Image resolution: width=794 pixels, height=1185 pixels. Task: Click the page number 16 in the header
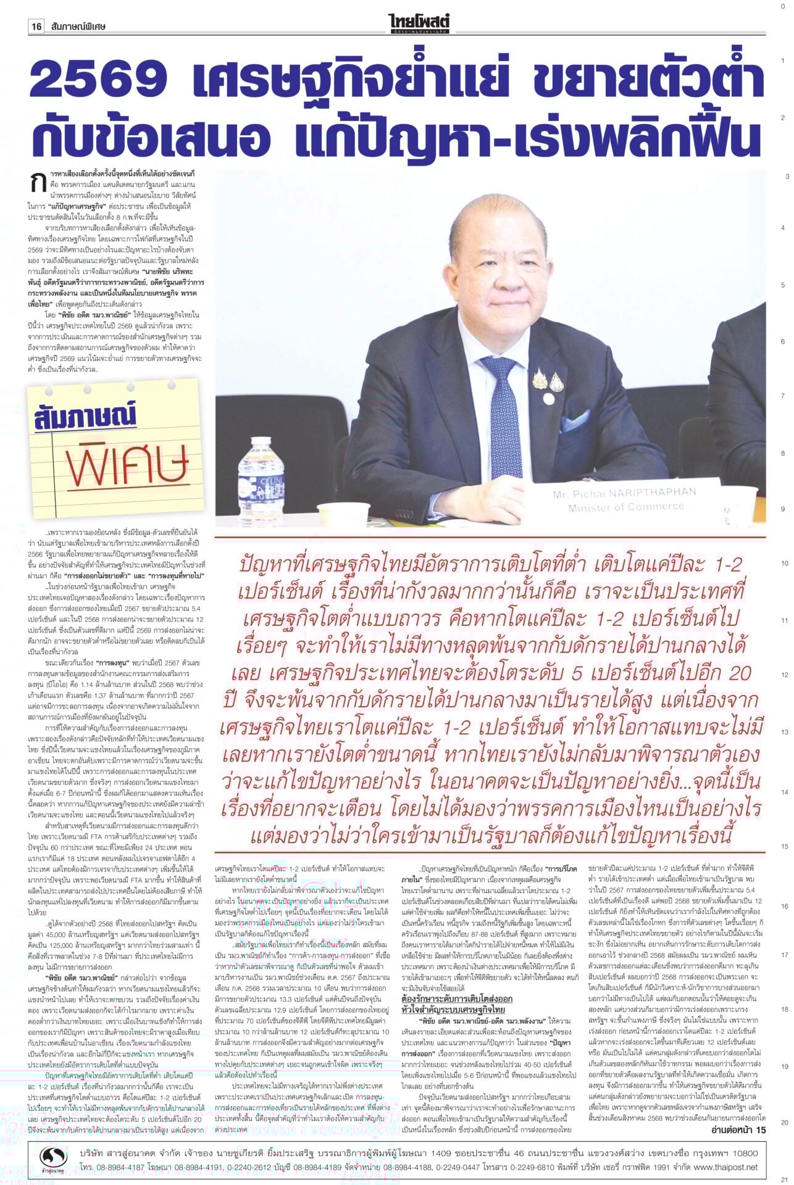pyautogui.click(x=36, y=27)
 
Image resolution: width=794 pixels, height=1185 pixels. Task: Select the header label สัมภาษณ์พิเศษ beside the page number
pyautogui.click(x=79, y=27)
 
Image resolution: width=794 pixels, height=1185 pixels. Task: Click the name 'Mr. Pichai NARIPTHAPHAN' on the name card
pyautogui.click(x=624, y=493)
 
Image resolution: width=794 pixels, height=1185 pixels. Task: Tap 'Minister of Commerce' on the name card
pyautogui.click(x=626, y=507)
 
